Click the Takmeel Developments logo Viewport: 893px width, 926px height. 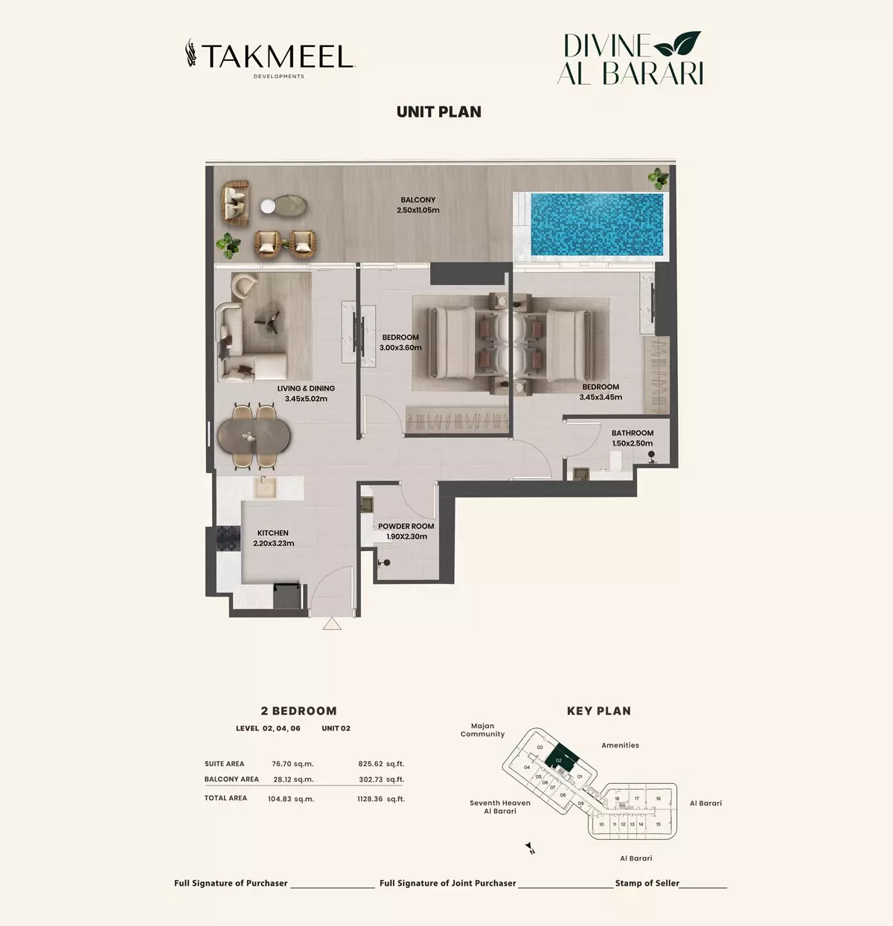(x=269, y=58)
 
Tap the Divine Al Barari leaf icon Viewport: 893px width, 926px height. (x=677, y=44)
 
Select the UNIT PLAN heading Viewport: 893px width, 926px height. (x=439, y=112)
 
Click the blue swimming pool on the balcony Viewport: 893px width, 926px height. (x=596, y=224)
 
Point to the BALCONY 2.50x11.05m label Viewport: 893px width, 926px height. (x=418, y=205)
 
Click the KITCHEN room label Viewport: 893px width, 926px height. (x=273, y=538)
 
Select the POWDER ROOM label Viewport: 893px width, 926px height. (x=406, y=532)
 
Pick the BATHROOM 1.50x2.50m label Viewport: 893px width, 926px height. (x=632, y=438)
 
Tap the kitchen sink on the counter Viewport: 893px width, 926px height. (x=265, y=487)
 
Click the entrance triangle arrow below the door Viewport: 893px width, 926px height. (x=332, y=624)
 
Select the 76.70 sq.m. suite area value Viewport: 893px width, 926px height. (x=292, y=764)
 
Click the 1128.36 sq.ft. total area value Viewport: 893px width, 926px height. (x=381, y=799)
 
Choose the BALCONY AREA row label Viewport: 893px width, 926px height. (x=231, y=779)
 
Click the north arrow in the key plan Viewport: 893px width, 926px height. (x=530, y=847)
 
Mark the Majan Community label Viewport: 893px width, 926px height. (x=482, y=730)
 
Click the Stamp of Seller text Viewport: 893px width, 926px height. (x=647, y=883)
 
